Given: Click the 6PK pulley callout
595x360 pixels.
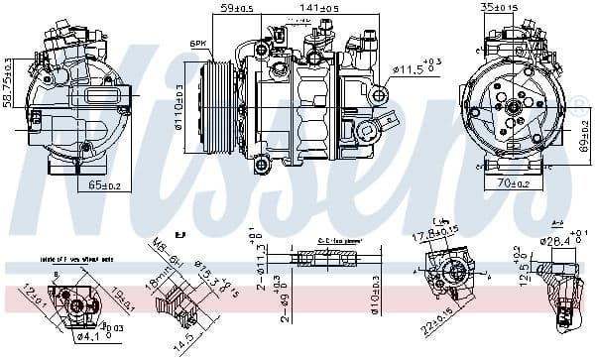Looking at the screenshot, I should [197, 44].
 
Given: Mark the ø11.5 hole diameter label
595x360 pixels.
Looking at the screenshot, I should [415, 68].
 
